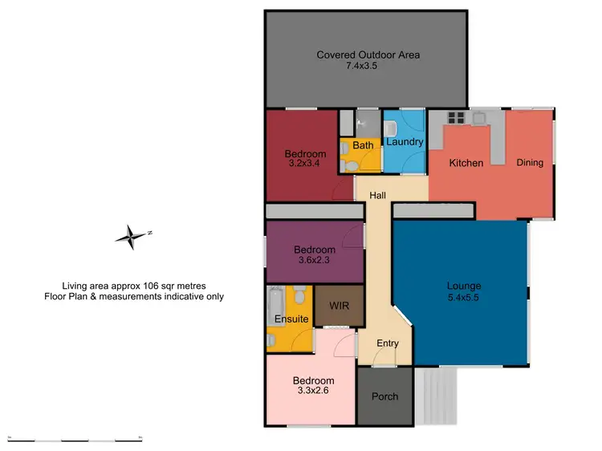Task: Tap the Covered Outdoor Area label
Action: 368,55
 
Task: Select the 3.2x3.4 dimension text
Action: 305,164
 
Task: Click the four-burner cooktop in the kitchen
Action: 457,118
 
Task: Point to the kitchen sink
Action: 480,118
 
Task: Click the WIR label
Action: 337,306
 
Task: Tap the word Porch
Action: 384,396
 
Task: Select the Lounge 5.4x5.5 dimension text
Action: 464,296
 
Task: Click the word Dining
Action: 530,163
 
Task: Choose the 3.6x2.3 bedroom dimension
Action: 314,260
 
